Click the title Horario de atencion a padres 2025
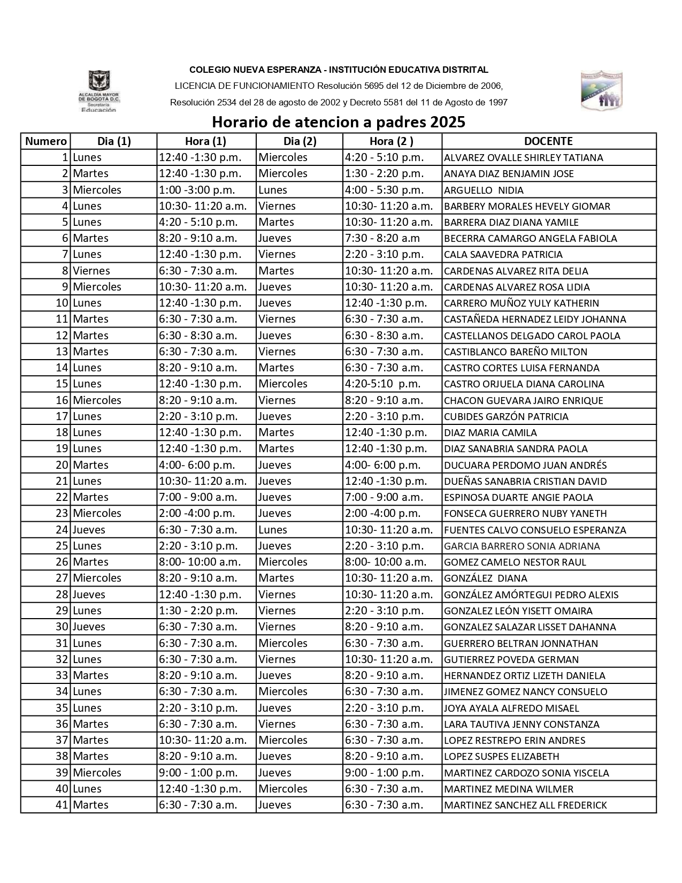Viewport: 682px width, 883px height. [338, 122]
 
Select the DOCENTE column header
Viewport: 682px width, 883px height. [548, 141]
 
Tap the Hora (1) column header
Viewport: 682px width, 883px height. [205, 141]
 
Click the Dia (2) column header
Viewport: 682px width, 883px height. [300, 141]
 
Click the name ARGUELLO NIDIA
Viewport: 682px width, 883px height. [484, 190]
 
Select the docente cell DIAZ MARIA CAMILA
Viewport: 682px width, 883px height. [490, 432]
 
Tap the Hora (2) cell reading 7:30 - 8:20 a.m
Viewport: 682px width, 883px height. [382, 238]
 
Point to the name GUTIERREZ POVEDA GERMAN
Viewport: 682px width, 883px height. [511, 659]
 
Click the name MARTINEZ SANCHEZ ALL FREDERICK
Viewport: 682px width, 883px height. [525, 805]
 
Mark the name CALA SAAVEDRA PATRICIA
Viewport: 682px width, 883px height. [503, 255]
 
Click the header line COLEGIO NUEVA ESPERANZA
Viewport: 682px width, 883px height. [339, 70]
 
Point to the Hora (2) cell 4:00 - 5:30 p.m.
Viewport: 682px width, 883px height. [384, 190]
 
